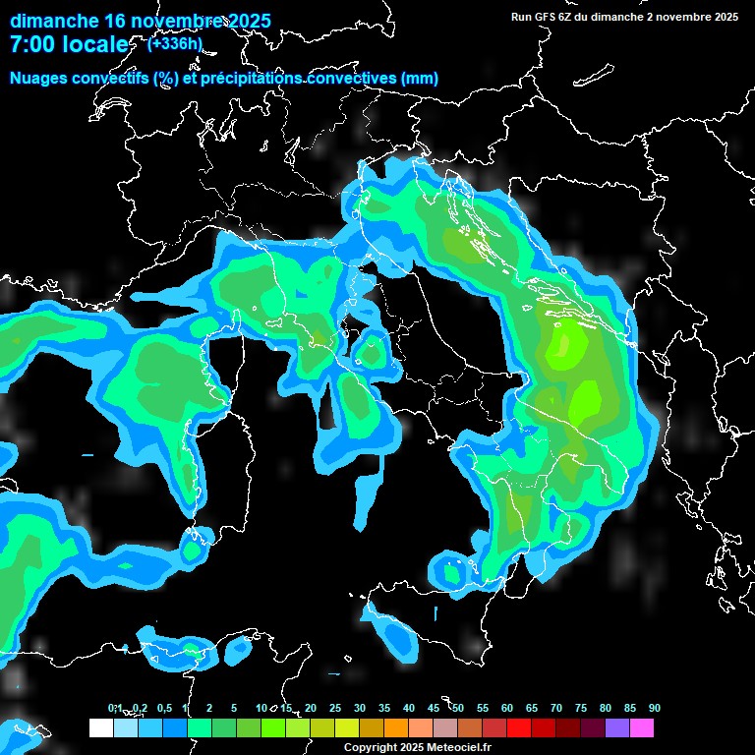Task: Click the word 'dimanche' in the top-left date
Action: tap(53, 21)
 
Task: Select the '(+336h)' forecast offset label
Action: tap(174, 43)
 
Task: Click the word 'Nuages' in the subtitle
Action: tap(40, 79)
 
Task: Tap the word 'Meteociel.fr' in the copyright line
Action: tap(462, 748)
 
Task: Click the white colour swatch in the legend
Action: tap(100, 727)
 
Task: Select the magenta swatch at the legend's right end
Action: tap(642, 727)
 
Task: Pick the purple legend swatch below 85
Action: tap(617, 727)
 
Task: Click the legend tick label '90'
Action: tap(654, 709)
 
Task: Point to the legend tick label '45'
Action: tap(434, 709)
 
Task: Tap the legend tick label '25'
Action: tap(335, 709)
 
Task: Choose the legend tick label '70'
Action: tap(555, 709)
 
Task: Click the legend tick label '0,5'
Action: tap(164, 709)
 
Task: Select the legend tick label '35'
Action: tap(384, 709)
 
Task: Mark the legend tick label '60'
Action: tap(507, 709)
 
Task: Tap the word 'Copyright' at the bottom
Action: tap(370, 748)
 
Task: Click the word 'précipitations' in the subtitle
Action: tap(251, 79)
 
